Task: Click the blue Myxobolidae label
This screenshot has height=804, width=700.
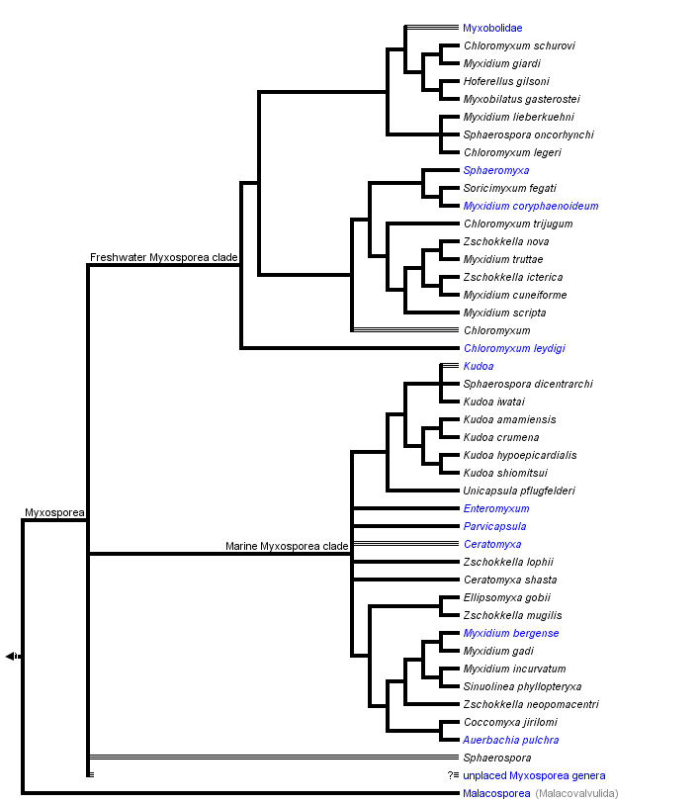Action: pos(492,28)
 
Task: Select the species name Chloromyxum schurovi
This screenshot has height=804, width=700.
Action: pos(519,45)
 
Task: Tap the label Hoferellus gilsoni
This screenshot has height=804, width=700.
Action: pos(506,81)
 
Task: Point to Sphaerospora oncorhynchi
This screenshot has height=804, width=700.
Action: pos(528,134)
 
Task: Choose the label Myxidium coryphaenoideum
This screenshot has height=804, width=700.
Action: pos(530,206)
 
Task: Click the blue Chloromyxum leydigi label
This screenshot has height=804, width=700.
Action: pos(514,348)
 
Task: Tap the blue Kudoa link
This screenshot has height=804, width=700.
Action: pos(479,366)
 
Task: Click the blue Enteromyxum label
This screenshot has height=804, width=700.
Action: pos(496,508)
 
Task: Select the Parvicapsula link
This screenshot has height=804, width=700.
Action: pos(494,526)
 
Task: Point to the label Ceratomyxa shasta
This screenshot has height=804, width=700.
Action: pos(510,580)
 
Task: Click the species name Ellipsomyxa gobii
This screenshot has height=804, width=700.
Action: pos(507,597)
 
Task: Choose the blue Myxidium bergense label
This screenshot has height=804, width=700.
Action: pos(511,633)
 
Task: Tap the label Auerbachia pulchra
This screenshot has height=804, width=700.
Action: pos(511,740)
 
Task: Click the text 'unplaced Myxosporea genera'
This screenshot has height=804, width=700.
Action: pos(534,775)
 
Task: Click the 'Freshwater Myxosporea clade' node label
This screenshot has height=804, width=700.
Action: pos(164,257)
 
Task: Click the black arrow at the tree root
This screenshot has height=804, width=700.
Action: pos(11,656)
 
